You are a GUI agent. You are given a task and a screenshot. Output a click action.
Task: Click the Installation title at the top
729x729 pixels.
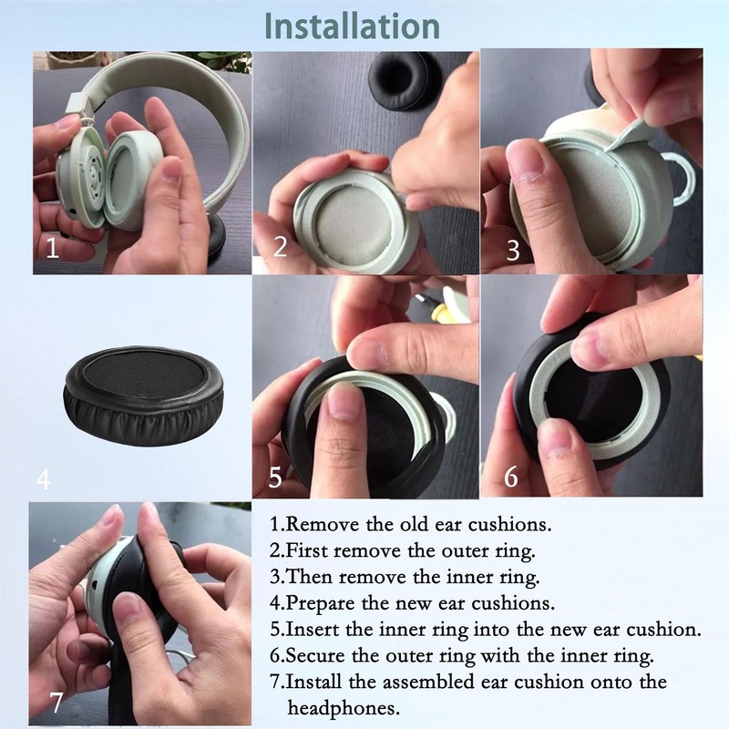pyautogui.click(x=352, y=26)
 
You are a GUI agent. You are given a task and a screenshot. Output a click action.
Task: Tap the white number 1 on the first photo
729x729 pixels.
pyautogui.click(x=53, y=248)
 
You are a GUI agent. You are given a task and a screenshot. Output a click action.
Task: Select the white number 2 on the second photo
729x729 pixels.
pyautogui.click(x=280, y=246)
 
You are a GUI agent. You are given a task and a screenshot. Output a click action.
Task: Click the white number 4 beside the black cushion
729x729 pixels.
pyautogui.click(x=43, y=478)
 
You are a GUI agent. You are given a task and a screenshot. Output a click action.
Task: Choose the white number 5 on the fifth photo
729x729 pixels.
pyautogui.click(x=275, y=477)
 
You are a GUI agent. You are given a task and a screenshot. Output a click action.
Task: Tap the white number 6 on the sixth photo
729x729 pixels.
pyautogui.click(x=510, y=477)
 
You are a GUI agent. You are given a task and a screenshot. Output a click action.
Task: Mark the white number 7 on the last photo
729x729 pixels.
pyautogui.click(x=56, y=702)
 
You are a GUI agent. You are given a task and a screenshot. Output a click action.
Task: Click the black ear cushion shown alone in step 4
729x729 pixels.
pyautogui.click(x=143, y=395)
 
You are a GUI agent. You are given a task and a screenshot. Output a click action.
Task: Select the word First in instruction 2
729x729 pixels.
pyautogui.click(x=307, y=550)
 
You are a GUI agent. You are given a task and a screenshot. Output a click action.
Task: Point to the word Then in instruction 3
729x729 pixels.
pyautogui.click(x=309, y=577)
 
